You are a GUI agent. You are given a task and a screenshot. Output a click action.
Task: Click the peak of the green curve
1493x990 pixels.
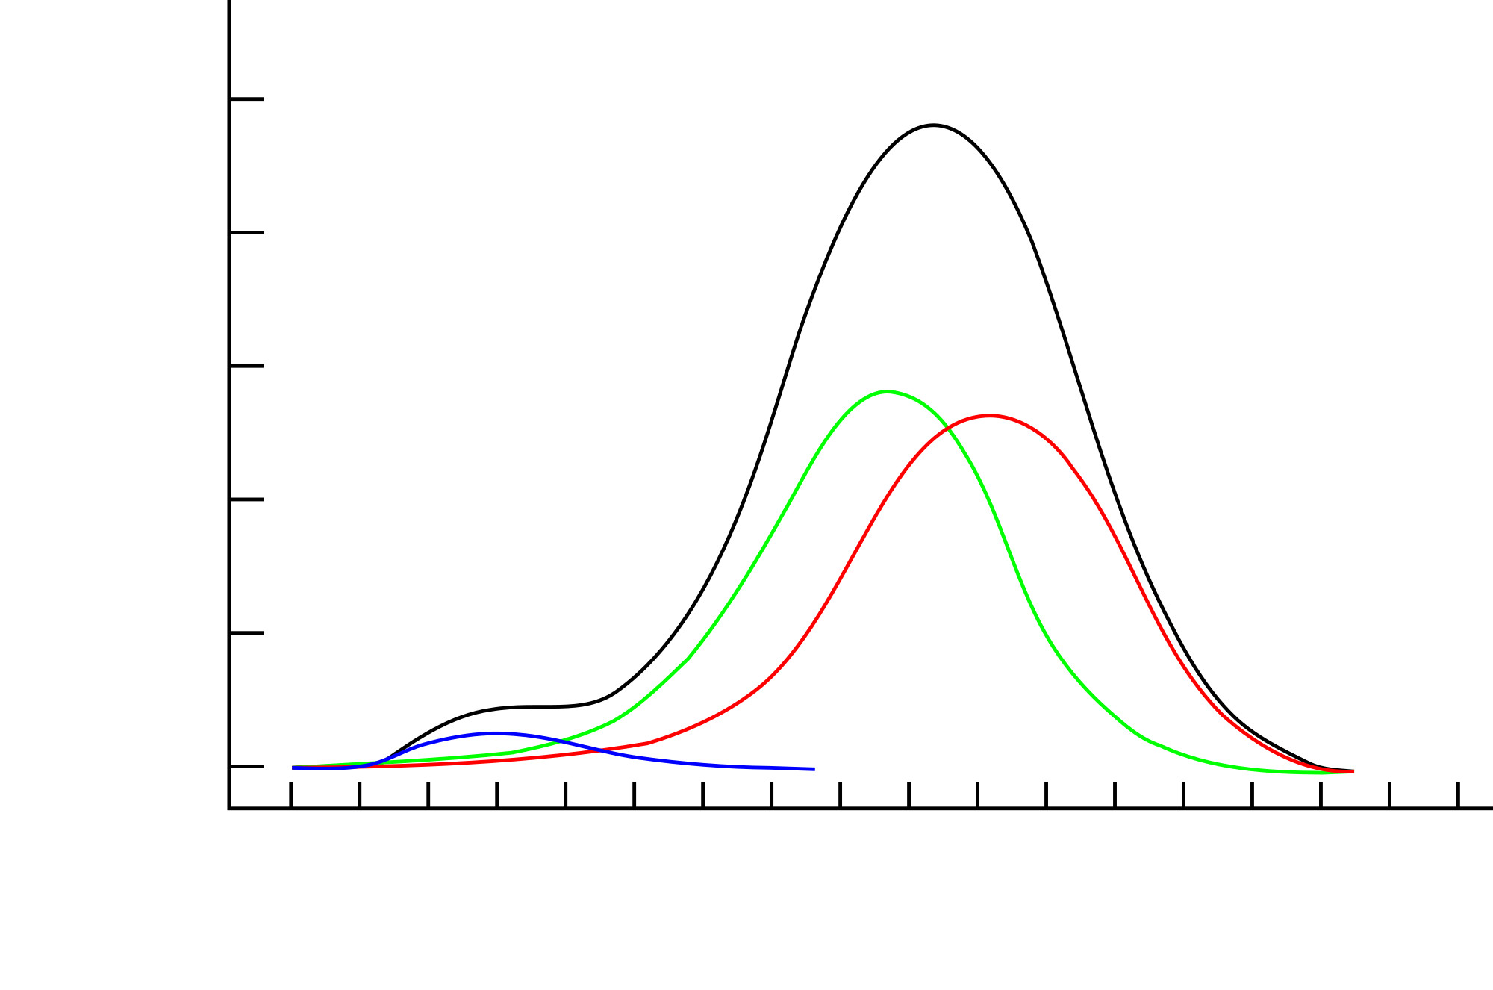point(888,391)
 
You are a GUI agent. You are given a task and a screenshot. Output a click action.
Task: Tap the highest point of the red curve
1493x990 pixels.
point(990,415)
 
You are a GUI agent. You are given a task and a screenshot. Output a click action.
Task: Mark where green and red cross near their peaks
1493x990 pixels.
point(949,428)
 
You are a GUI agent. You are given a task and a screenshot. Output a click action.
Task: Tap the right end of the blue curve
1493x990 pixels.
point(813,769)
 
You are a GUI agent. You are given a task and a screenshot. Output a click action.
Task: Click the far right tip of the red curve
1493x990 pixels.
point(1353,771)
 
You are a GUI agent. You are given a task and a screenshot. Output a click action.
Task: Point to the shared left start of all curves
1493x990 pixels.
point(293,768)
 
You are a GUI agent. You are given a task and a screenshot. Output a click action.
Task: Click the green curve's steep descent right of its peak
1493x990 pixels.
point(1008,538)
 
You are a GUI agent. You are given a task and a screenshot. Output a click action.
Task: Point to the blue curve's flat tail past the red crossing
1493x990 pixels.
point(717,765)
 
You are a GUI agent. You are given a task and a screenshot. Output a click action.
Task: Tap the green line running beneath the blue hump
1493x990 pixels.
point(478,756)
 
